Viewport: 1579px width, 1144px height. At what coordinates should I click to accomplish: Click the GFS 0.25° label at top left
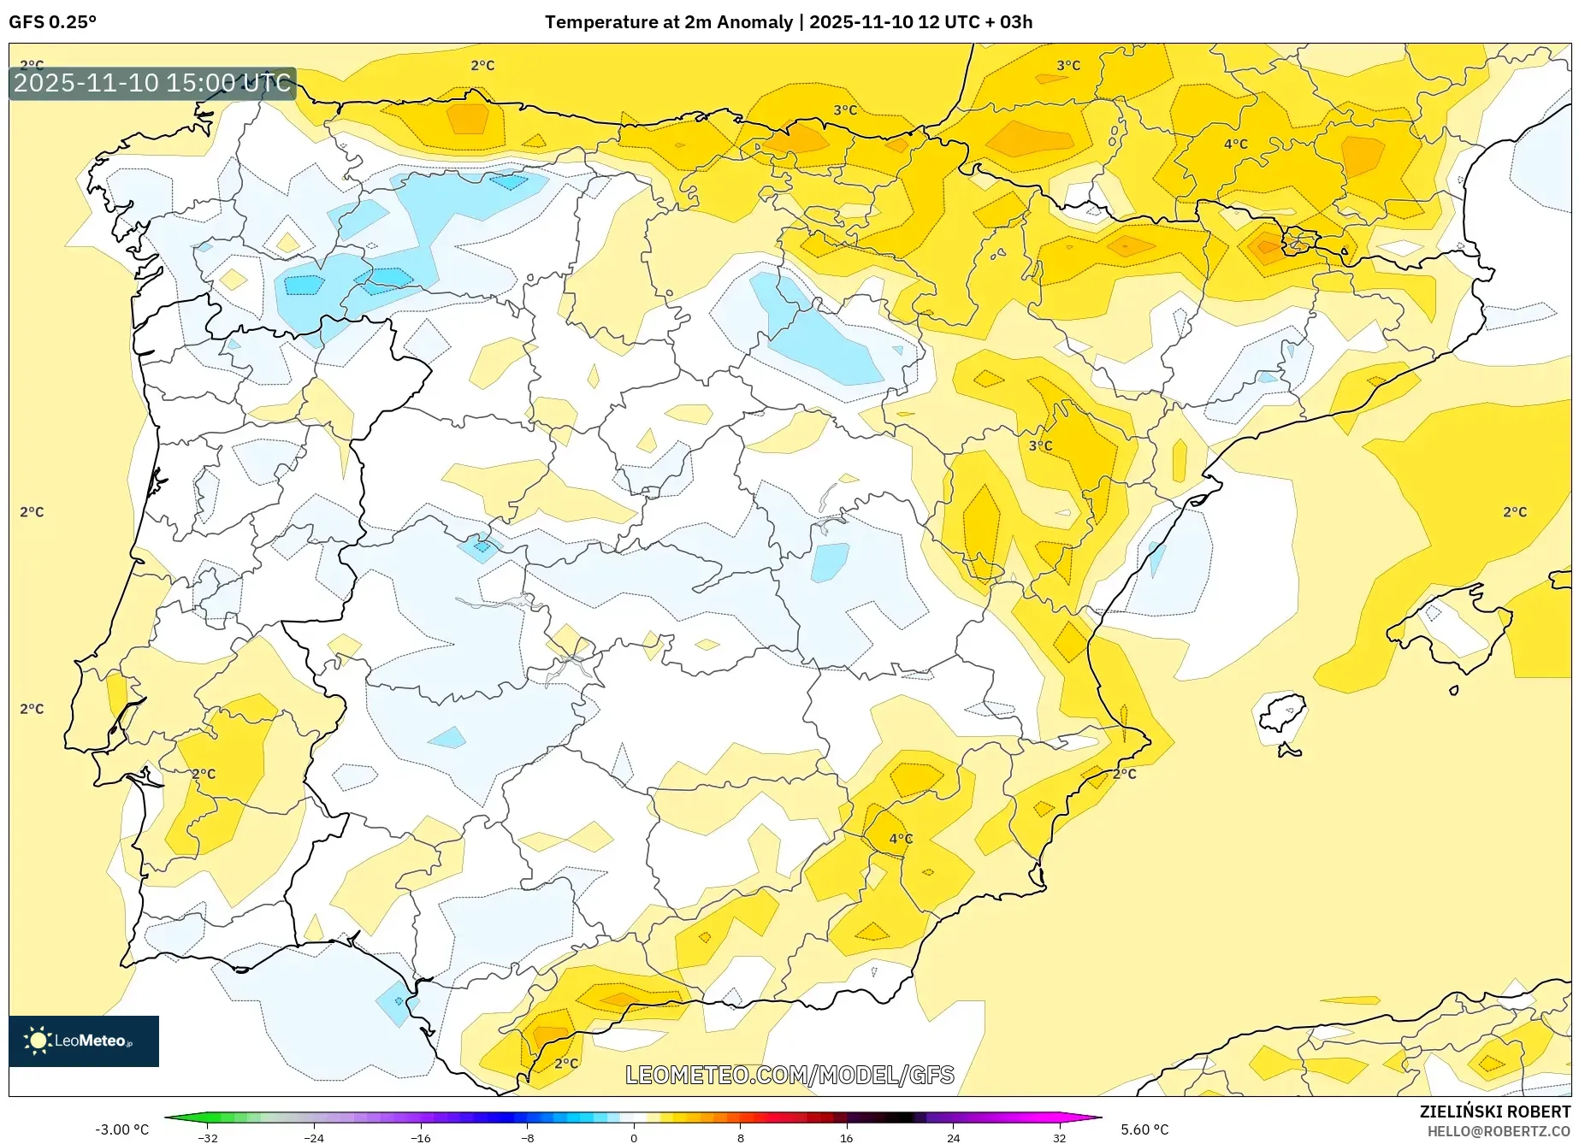52,22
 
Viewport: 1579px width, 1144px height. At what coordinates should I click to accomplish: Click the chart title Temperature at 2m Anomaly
669,22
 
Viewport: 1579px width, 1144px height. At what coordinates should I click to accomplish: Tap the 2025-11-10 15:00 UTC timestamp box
152,83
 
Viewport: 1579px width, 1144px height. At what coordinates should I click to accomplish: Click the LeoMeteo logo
83,1041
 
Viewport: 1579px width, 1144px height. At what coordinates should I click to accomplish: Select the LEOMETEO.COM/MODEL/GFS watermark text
789,1075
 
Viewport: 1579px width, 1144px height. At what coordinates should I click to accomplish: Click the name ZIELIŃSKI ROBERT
1494,1112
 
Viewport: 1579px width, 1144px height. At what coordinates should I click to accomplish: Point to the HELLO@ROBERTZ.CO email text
1498,1131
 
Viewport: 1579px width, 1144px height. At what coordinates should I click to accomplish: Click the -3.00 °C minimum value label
121,1129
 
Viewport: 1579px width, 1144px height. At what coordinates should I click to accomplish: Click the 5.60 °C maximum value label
1144,1129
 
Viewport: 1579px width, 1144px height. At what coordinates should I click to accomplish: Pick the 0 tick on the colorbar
634,1138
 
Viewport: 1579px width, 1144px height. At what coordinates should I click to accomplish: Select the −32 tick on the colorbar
207,1138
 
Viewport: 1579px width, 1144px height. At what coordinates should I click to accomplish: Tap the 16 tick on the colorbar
846,1138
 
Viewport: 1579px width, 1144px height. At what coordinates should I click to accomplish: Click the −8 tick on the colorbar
528,1138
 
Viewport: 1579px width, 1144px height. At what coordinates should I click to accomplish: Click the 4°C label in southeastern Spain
900,839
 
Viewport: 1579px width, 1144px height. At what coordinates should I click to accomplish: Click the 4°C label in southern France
1235,144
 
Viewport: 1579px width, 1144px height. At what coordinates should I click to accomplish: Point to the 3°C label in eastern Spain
1040,446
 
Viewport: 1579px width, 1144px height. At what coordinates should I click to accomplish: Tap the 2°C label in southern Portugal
204,774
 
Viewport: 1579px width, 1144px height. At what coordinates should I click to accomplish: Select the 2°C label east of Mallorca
1514,512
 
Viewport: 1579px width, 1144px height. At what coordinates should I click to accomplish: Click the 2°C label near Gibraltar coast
565,1064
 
